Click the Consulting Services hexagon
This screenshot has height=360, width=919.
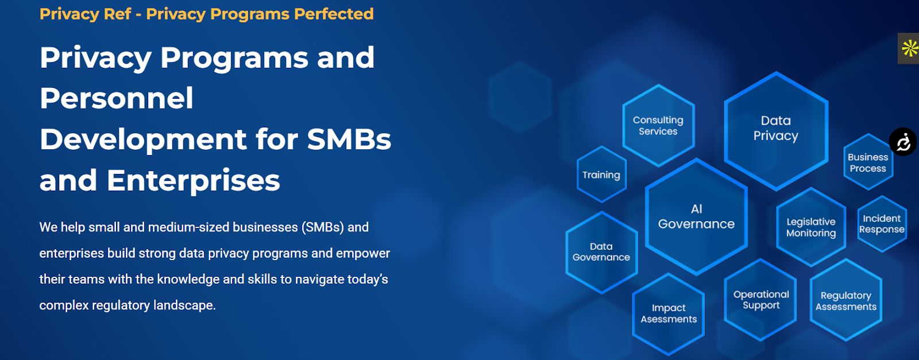pyautogui.click(x=658, y=126)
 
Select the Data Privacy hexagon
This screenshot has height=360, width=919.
pyautogui.click(x=776, y=131)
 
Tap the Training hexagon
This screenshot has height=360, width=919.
pyautogui.click(x=601, y=175)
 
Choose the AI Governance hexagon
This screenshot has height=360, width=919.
pyautogui.click(x=696, y=216)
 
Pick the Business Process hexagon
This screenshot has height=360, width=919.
pyautogui.click(x=868, y=162)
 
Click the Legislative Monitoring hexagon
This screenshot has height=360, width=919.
pyautogui.click(x=811, y=227)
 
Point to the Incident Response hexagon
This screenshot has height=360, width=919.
pyautogui.click(x=882, y=224)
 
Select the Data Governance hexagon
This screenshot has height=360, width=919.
pyautogui.click(x=601, y=252)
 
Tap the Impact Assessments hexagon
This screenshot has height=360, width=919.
pyautogui.click(x=669, y=313)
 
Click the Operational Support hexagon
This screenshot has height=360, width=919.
pyautogui.click(x=761, y=300)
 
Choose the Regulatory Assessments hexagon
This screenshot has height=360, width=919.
pyautogui.click(x=846, y=300)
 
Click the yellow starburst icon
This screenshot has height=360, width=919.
pyautogui.click(x=910, y=48)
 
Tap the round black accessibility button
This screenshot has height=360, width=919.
pyautogui.click(x=903, y=142)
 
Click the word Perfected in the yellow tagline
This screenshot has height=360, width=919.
pyautogui.click(x=334, y=14)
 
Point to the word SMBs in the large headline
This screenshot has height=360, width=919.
pyautogui.click(x=349, y=139)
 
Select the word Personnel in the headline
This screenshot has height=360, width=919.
pyautogui.click(x=117, y=98)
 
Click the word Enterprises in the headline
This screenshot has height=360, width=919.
pyautogui.click(x=193, y=180)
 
